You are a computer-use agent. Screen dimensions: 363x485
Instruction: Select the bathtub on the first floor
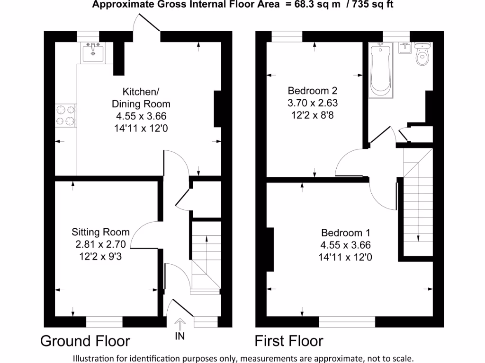pos(381,70)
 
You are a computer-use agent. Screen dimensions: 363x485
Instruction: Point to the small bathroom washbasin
pos(404,48)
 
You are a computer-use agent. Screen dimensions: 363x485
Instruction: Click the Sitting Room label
pos(100,232)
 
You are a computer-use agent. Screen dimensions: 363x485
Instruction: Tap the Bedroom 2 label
pos(313,90)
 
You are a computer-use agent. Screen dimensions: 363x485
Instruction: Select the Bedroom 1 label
pos(345,233)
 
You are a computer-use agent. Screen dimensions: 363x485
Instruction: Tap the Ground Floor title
pos(85,341)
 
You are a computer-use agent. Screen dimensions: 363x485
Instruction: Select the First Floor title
pos(289,341)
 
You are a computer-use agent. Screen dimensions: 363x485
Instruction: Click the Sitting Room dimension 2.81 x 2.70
pos(100,244)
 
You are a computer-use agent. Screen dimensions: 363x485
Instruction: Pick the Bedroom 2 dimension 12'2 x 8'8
pos(313,115)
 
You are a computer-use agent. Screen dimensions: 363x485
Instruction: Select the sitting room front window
pos(104,322)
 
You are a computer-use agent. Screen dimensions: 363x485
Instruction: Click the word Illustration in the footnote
pos(93,357)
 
